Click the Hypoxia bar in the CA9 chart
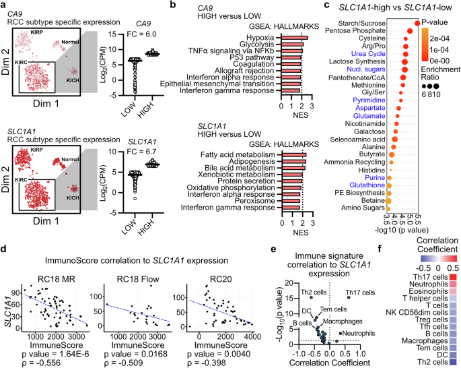click(x=293, y=38)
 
